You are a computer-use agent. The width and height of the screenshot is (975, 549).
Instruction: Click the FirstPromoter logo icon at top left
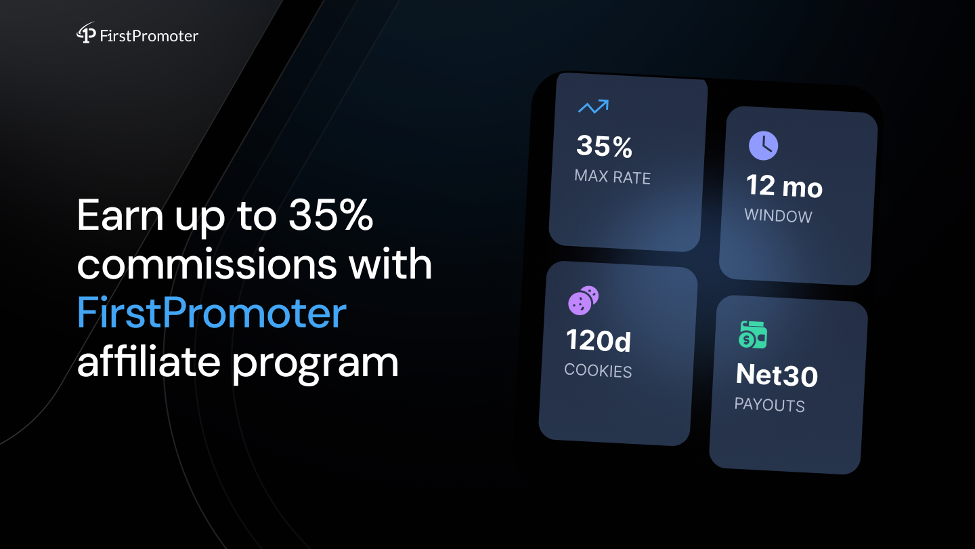click(x=86, y=33)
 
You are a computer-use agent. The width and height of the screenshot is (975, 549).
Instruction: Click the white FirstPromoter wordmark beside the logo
click(x=149, y=36)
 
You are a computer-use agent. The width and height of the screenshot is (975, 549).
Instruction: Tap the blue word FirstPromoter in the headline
click(x=211, y=312)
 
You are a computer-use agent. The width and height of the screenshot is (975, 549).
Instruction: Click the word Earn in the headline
click(x=120, y=215)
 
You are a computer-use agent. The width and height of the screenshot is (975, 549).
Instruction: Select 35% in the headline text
click(x=331, y=215)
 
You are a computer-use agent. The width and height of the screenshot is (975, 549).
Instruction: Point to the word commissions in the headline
click(x=207, y=264)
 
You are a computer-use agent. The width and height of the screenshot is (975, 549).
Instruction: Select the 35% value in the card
click(x=604, y=146)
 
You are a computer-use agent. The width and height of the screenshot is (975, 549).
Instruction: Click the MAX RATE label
click(x=612, y=177)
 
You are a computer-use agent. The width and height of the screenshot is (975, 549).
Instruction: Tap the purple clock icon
click(x=763, y=146)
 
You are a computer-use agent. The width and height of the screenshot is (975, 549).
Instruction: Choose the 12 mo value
click(x=784, y=186)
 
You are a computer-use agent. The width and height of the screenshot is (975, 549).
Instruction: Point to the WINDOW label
click(x=778, y=216)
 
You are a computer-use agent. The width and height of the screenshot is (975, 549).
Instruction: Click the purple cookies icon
click(x=583, y=300)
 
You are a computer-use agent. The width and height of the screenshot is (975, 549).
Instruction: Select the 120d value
click(x=599, y=340)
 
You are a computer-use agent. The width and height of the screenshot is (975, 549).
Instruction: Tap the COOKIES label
click(x=598, y=370)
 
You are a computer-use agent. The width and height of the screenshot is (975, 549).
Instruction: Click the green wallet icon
click(x=753, y=335)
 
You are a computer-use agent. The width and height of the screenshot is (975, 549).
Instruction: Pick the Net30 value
click(x=777, y=375)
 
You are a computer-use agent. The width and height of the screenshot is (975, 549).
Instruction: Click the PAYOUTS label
click(x=770, y=405)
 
